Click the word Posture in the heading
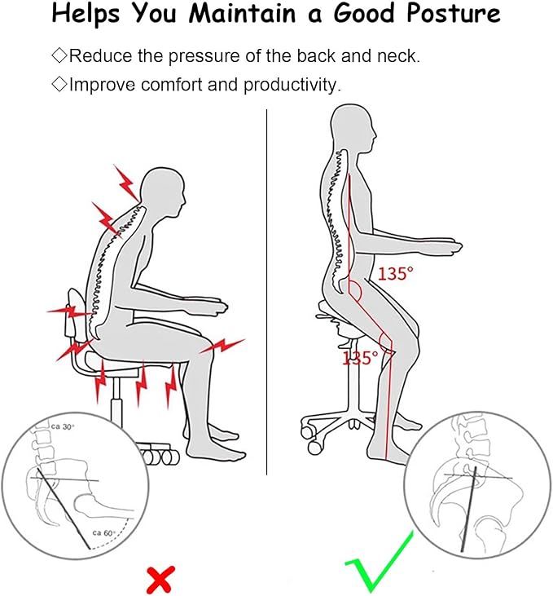point(453,14)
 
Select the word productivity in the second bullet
point(292,85)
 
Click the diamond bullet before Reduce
point(59,55)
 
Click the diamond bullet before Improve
point(59,84)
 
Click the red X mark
point(161,579)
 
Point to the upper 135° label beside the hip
point(395,274)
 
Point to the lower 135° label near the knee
point(361,359)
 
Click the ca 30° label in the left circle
point(63,427)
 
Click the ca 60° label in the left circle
point(103,533)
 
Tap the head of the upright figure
point(353,128)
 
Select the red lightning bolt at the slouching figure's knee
point(222,345)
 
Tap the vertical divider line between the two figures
point(266,292)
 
